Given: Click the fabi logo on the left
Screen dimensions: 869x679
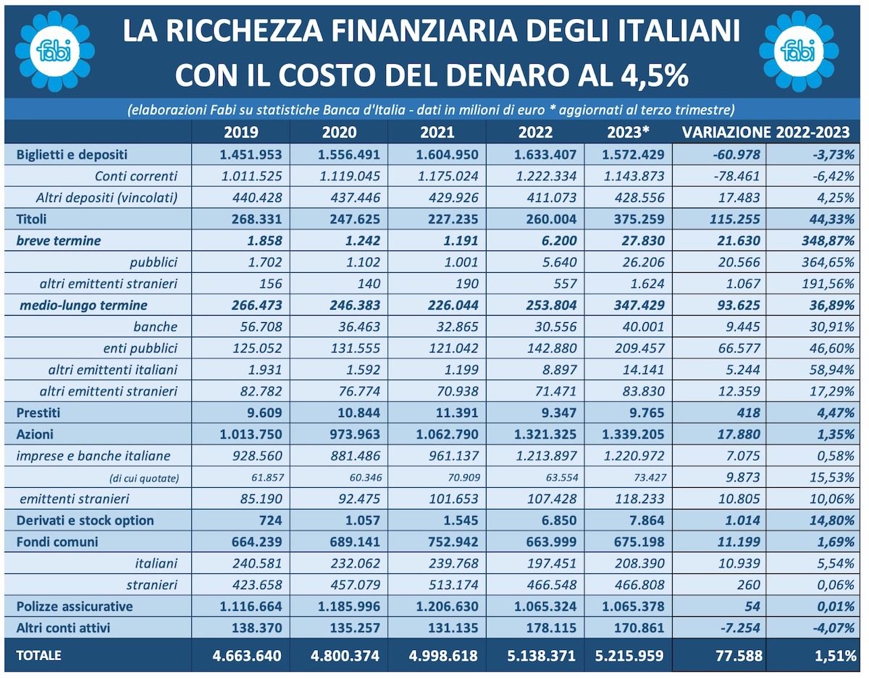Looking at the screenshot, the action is pyautogui.click(x=55, y=51).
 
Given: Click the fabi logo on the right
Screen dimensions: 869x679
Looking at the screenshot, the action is pyautogui.click(x=798, y=51).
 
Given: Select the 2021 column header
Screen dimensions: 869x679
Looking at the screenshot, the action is pyautogui.click(x=437, y=132).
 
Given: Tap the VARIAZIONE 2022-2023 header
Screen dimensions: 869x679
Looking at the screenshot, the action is pyautogui.click(x=765, y=132).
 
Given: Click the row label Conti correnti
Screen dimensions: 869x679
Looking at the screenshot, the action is pyautogui.click(x=136, y=176).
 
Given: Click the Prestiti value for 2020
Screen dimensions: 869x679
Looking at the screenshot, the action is pyautogui.click(x=358, y=413).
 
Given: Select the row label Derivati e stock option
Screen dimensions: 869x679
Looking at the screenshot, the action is pyautogui.click(x=85, y=520).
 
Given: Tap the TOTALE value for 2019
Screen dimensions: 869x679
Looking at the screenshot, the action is pyautogui.click(x=247, y=656).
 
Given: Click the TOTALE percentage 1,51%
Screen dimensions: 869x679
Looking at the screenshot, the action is pyautogui.click(x=836, y=656).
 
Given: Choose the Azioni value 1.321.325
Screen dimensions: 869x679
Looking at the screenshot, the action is pyautogui.click(x=545, y=434).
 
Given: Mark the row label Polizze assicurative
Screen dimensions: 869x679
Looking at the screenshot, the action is pyautogui.click(x=75, y=607).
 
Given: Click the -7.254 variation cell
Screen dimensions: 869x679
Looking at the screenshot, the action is pyautogui.click(x=740, y=628).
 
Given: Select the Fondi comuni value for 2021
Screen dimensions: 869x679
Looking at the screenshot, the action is pyautogui.click(x=453, y=542).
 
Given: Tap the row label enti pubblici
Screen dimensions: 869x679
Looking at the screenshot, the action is pyautogui.click(x=140, y=348).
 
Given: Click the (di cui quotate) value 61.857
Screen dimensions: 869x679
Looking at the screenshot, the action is pyautogui.click(x=267, y=478).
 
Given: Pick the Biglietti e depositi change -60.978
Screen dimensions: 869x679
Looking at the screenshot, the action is pyautogui.click(x=736, y=155).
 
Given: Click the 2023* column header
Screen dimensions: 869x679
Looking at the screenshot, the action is pyautogui.click(x=628, y=132).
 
